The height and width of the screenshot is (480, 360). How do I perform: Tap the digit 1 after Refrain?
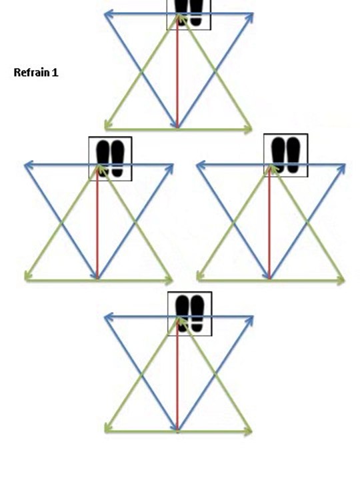55,73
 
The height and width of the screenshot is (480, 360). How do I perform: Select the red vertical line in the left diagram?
97,223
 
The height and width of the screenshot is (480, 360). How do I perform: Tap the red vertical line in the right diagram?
269,223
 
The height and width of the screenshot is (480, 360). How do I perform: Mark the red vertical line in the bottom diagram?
177,375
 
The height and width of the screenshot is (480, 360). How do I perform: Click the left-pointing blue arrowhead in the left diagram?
29,165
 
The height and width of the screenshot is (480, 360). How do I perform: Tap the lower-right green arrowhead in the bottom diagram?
247,431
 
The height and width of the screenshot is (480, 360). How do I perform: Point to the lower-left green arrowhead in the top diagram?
109,125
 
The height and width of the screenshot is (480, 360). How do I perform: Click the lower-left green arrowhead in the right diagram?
201,277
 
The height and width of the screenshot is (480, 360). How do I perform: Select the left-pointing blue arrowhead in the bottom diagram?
109,317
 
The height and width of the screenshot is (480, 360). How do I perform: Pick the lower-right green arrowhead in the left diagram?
169,280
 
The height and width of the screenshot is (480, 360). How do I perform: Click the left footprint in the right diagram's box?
278,155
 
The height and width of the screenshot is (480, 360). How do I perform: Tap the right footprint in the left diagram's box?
118,159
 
